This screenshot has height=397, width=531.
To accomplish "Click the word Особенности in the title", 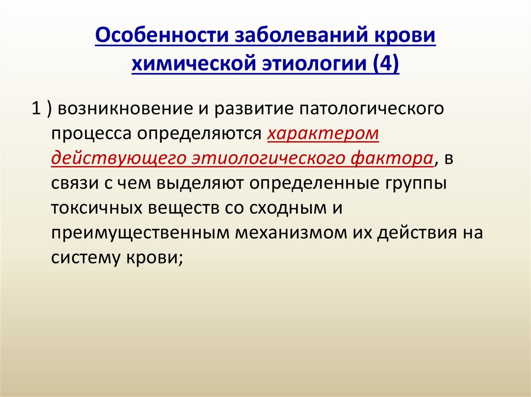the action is [x=162, y=35].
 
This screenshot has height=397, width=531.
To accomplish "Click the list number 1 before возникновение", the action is [x=36, y=109].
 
